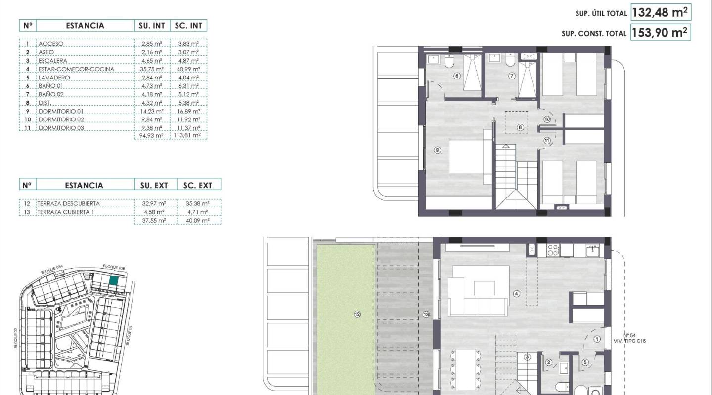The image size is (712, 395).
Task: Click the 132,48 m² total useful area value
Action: click(661, 12)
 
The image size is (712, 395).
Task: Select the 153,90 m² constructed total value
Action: click(661, 33)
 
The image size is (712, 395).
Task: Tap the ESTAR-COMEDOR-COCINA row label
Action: click(76, 69)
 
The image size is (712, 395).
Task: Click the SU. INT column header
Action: click(152, 26)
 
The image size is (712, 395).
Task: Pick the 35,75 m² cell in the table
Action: click(152, 69)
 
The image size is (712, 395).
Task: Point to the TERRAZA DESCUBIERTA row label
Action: click(69, 203)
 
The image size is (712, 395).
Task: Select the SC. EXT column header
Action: click(198, 185)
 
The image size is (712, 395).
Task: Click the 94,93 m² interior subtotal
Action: click(152, 135)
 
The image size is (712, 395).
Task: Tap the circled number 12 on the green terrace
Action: click(357, 314)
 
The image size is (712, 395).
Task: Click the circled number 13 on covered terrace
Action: click(426, 314)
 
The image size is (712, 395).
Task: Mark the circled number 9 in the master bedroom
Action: click(437, 150)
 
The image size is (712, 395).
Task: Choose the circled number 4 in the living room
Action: click(517, 293)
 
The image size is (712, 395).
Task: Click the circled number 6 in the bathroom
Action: click(456, 76)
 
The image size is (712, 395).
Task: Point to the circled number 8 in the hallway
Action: click(520, 127)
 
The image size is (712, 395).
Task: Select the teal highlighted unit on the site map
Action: click(114, 281)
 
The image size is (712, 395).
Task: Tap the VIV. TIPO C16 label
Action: click(629, 341)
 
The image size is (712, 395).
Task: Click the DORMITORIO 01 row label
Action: click(62, 111)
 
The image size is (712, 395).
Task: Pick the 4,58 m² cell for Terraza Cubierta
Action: click(152, 212)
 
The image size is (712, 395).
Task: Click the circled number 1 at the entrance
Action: click(597, 339)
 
